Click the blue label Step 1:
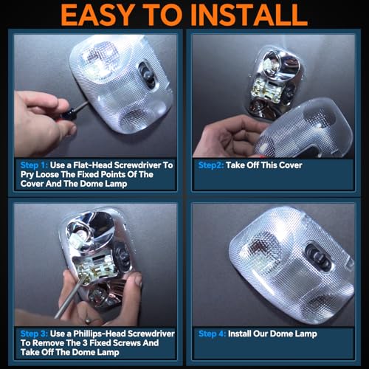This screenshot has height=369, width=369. [34, 165]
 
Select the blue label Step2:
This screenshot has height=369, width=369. [211, 165]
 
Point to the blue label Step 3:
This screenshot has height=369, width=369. [34, 334]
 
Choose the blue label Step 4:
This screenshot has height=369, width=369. [212, 334]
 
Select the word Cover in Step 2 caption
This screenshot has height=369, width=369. [291, 165]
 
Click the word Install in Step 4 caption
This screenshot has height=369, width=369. [239, 334]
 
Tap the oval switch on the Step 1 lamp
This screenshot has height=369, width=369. [147, 75]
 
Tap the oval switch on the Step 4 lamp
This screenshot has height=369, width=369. [318, 257]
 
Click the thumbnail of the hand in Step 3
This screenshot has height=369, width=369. [138, 280]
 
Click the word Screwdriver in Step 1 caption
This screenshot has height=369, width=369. [137, 165]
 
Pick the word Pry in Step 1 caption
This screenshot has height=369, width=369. [27, 175]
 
